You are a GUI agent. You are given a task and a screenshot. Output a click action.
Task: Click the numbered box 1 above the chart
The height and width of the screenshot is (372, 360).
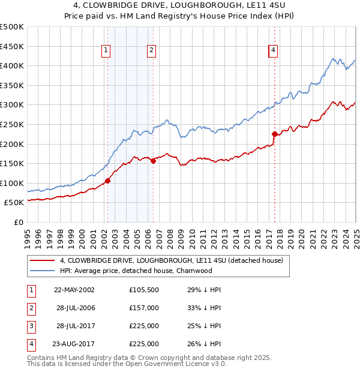pyautogui.click(x=106, y=51)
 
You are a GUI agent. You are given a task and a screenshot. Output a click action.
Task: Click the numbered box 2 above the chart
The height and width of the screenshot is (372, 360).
pyautogui.click(x=151, y=51)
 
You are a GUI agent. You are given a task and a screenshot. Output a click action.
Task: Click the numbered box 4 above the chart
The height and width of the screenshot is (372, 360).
pyautogui.click(x=273, y=51)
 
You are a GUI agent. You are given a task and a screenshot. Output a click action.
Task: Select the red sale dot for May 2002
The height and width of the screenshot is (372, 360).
pyautogui.click(x=108, y=181)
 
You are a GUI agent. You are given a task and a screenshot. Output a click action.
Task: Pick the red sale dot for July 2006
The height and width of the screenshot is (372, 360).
pyautogui.click(x=153, y=160)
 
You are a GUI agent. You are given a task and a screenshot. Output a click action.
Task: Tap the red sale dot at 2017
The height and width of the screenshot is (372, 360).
pyautogui.click(x=274, y=134)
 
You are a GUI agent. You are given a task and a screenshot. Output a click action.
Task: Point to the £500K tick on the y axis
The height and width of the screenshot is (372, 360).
pyautogui.click(x=12, y=27)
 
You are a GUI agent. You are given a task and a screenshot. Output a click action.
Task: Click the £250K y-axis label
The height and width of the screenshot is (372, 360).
pyautogui.click(x=12, y=124)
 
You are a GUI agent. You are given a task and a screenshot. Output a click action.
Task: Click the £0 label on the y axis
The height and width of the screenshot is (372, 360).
pyautogui.click(x=19, y=222)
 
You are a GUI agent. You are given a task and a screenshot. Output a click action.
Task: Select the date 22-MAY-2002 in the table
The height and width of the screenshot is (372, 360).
pyautogui.click(x=74, y=290)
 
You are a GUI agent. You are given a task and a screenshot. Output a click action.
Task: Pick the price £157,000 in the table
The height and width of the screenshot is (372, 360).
pyautogui.click(x=144, y=308)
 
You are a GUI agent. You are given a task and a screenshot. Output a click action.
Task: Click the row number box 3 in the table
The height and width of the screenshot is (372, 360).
pyautogui.click(x=29, y=326)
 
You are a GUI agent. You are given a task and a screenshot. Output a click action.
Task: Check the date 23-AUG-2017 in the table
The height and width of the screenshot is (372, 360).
pyautogui.click(x=74, y=344)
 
